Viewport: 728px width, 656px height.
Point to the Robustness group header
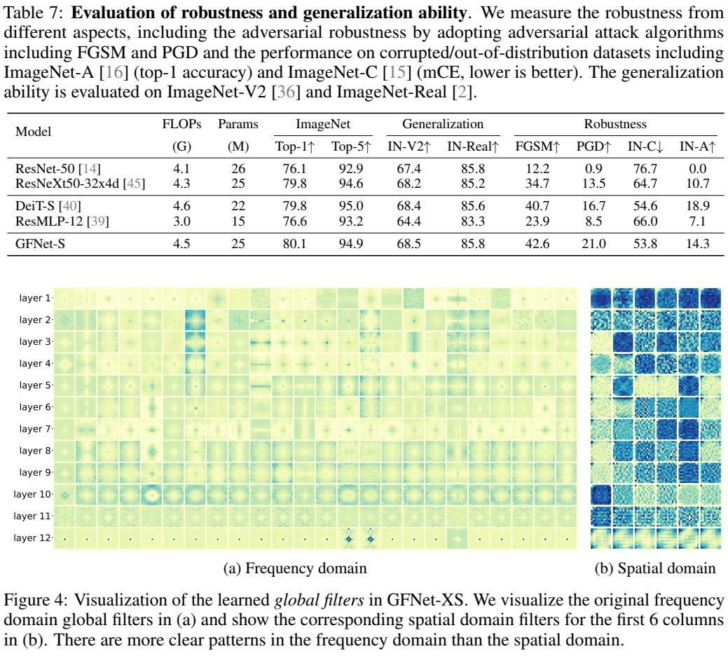tap(615, 124)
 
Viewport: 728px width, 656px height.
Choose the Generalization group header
tap(442, 124)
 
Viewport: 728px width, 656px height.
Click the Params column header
tap(238, 124)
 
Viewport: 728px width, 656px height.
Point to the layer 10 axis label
tap(32, 494)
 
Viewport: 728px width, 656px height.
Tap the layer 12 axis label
tap(32, 538)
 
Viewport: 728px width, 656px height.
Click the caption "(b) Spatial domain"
tap(654, 568)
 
